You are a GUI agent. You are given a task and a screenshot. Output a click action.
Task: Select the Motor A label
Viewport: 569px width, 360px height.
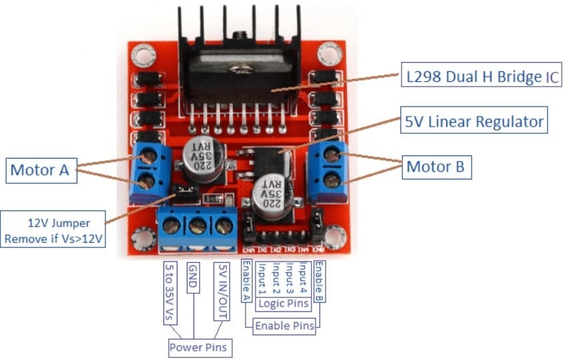pyautogui.click(x=40, y=170)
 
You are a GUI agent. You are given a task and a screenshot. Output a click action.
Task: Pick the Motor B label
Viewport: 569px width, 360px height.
pyautogui.click(x=437, y=166)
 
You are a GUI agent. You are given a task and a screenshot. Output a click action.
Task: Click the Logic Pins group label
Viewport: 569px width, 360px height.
pyautogui.click(x=283, y=304)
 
